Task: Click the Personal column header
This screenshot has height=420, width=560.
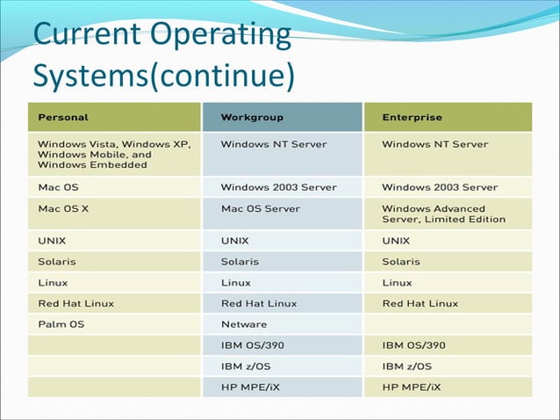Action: click(63, 117)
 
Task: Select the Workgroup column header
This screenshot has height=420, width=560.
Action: click(252, 117)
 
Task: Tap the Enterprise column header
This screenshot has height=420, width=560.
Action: click(413, 117)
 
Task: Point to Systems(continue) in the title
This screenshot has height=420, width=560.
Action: click(162, 75)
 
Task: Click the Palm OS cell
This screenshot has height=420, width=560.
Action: click(61, 324)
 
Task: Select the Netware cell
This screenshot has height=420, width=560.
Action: click(244, 324)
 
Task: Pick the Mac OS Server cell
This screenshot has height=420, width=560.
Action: click(260, 209)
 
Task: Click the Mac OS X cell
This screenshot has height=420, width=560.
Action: click(63, 209)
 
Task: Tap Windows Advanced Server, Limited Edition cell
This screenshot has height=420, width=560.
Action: click(443, 214)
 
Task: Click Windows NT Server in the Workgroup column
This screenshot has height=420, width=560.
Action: click(274, 143)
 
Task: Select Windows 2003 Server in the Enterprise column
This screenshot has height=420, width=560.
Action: click(440, 187)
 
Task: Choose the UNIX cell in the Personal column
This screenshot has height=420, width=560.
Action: click(52, 240)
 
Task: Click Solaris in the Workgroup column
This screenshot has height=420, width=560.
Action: click(240, 261)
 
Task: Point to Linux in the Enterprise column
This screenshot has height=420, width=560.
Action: click(397, 282)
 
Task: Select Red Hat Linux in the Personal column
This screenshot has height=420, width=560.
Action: click(75, 303)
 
